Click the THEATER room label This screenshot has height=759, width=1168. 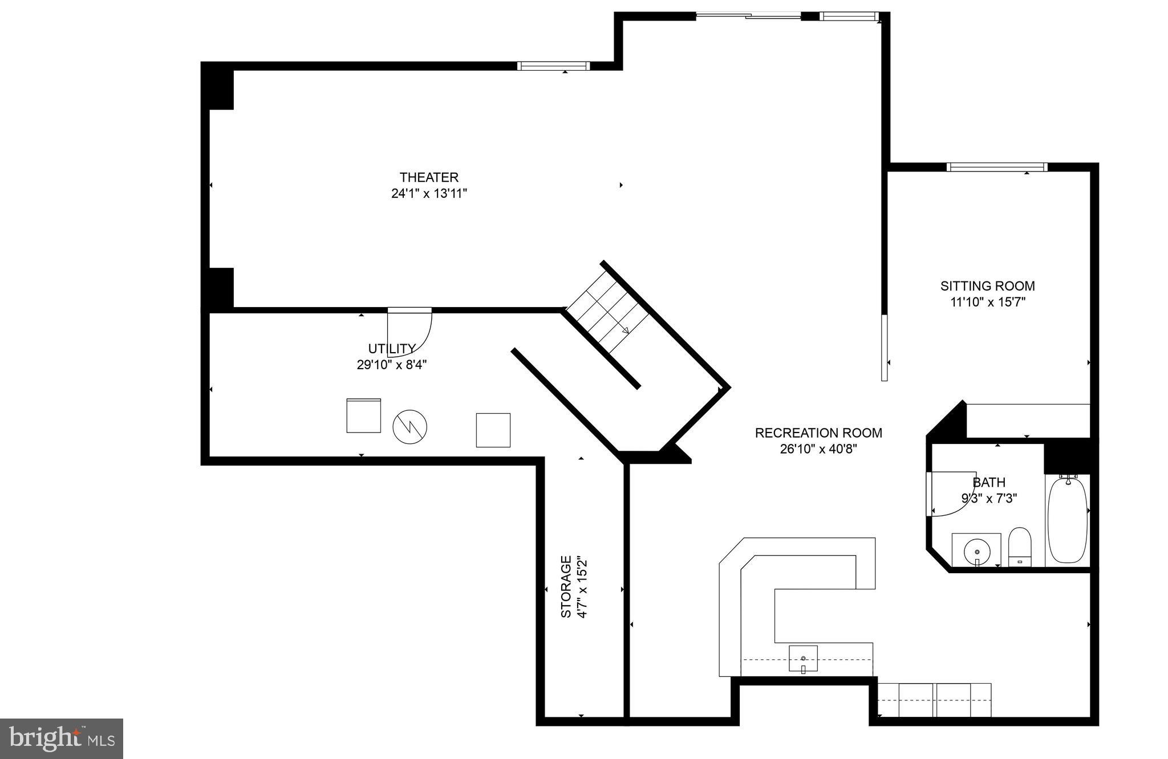[x=429, y=177]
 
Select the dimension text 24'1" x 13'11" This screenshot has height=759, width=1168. [x=429, y=194]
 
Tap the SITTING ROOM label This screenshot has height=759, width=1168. [x=987, y=286]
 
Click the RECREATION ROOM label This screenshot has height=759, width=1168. [x=818, y=433]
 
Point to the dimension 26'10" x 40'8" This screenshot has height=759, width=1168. [x=818, y=449]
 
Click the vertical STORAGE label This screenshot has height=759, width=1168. [x=566, y=586]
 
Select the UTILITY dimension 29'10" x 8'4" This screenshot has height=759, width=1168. [x=392, y=365]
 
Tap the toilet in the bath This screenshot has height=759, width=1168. [x=1020, y=545]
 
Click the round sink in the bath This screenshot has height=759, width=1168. [x=976, y=551]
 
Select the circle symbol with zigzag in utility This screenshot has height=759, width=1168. [x=409, y=426]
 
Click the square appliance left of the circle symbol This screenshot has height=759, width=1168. [x=363, y=415]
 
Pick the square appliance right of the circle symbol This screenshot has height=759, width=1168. [x=493, y=430]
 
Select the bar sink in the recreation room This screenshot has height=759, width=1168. [x=803, y=659]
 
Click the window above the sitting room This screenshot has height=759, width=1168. [x=996, y=167]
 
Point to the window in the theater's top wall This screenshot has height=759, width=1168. [x=553, y=66]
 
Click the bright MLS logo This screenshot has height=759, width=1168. [x=62, y=738]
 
